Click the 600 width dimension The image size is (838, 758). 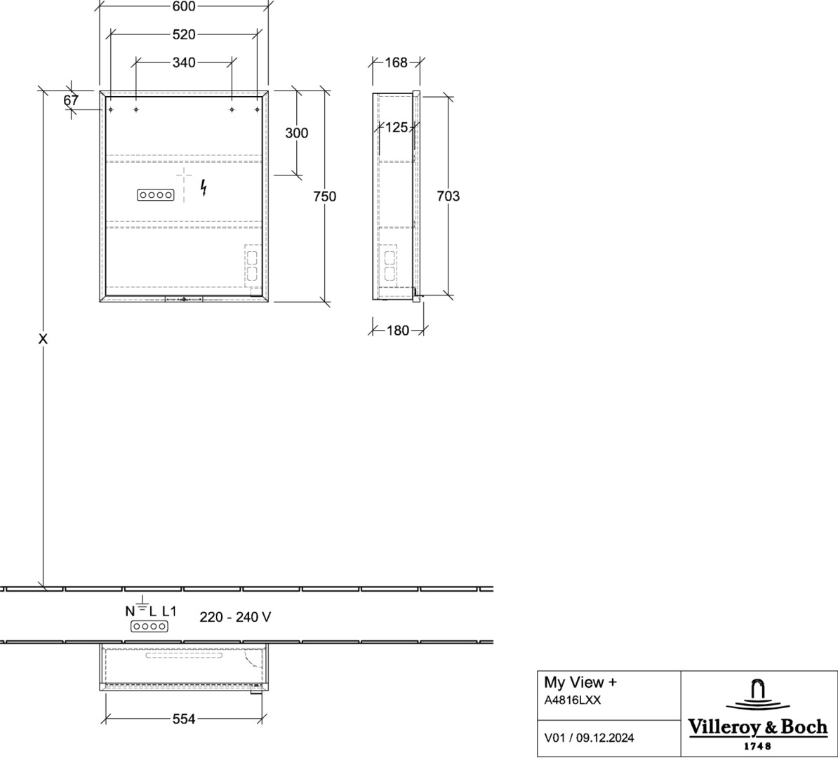click(184, 6)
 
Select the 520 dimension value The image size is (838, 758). click(184, 35)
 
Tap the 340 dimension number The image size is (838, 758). click(184, 62)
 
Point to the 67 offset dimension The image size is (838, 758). click(71, 100)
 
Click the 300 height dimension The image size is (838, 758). click(297, 133)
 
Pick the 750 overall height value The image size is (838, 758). click(325, 197)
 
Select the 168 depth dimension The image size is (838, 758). click(396, 62)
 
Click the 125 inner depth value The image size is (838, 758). click(396, 127)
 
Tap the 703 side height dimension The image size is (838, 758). click(448, 197)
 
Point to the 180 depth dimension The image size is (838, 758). click(398, 331)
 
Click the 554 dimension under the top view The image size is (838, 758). click(184, 719)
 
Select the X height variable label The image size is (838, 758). click(44, 339)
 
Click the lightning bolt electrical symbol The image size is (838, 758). click(204, 187)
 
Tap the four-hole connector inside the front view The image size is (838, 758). click(156, 195)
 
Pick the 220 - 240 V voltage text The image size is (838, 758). click(235, 618)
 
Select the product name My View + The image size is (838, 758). click(580, 683)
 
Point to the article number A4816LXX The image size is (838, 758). click(573, 700)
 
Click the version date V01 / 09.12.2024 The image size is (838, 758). click(589, 738)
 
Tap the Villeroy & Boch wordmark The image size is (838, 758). click(757, 728)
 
